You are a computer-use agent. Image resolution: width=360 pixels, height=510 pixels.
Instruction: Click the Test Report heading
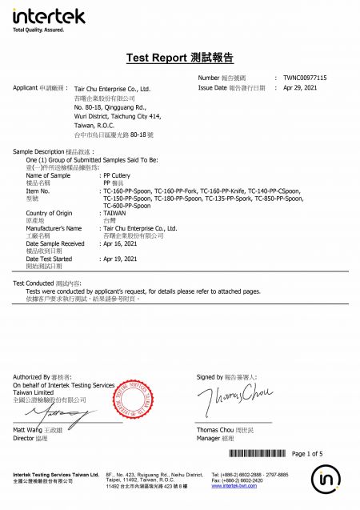(179, 58)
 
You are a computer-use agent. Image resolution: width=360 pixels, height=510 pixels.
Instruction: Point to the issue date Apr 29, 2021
(301, 87)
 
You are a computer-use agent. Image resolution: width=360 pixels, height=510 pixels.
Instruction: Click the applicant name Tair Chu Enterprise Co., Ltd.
(112, 90)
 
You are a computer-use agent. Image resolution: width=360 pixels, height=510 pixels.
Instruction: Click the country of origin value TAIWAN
(116, 213)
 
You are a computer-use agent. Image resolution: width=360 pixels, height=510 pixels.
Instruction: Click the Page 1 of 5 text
(308, 454)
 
